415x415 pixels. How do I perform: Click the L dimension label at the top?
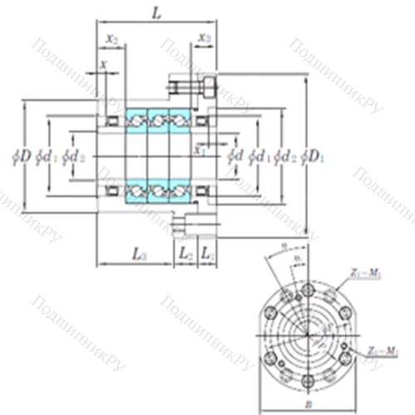tap(156, 12)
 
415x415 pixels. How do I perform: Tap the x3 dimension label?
tap(204, 39)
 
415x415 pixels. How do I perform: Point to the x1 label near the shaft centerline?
tap(199, 150)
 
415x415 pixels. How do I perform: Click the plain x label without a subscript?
tap(103, 64)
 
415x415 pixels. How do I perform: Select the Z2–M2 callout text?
tap(379, 351)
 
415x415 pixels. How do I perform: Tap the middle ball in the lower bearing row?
tap(157, 193)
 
